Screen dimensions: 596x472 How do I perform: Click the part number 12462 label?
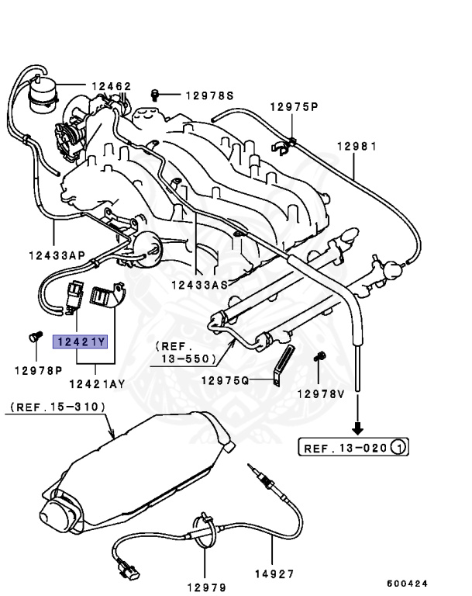pyautogui.click(x=112, y=86)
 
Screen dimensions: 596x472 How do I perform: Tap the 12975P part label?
pyautogui.click(x=294, y=106)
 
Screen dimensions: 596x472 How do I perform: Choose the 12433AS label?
pyautogui.click(x=198, y=284)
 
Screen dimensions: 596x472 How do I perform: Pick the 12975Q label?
pyautogui.click(x=225, y=380)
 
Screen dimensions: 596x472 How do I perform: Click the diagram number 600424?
pyautogui.click(x=407, y=583)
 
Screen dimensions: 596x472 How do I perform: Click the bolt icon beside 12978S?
pyautogui.click(x=154, y=95)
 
